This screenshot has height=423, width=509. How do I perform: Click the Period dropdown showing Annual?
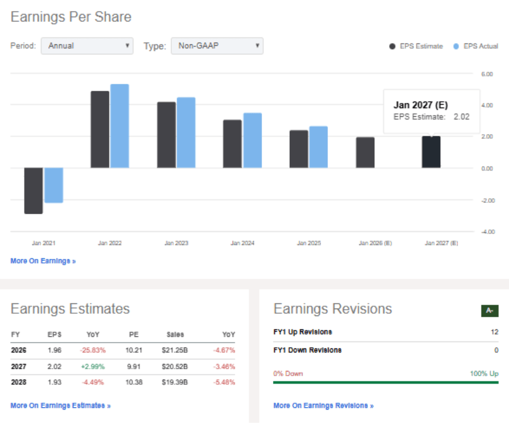(x=87, y=46)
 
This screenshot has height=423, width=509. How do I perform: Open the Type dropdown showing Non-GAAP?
(x=217, y=46)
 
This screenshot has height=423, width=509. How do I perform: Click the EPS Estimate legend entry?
(x=416, y=46)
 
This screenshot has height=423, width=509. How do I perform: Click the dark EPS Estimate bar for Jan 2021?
(x=34, y=191)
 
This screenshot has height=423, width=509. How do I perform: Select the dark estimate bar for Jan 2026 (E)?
(x=365, y=153)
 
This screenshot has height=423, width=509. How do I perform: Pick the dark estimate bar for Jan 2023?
(x=167, y=135)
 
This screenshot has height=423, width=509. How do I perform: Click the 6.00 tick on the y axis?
(x=486, y=75)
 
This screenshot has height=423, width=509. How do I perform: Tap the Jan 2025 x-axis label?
(x=309, y=243)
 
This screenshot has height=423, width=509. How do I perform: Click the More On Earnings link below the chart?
(x=43, y=261)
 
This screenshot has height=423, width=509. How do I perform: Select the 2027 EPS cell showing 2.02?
(x=55, y=366)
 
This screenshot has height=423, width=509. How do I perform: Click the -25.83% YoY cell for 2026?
(x=93, y=350)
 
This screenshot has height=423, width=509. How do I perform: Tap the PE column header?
(x=134, y=335)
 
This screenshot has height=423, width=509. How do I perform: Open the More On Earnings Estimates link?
(x=61, y=406)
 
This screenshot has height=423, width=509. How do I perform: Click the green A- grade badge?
(x=489, y=311)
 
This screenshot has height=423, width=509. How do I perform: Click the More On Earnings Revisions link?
(x=323, y=406)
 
